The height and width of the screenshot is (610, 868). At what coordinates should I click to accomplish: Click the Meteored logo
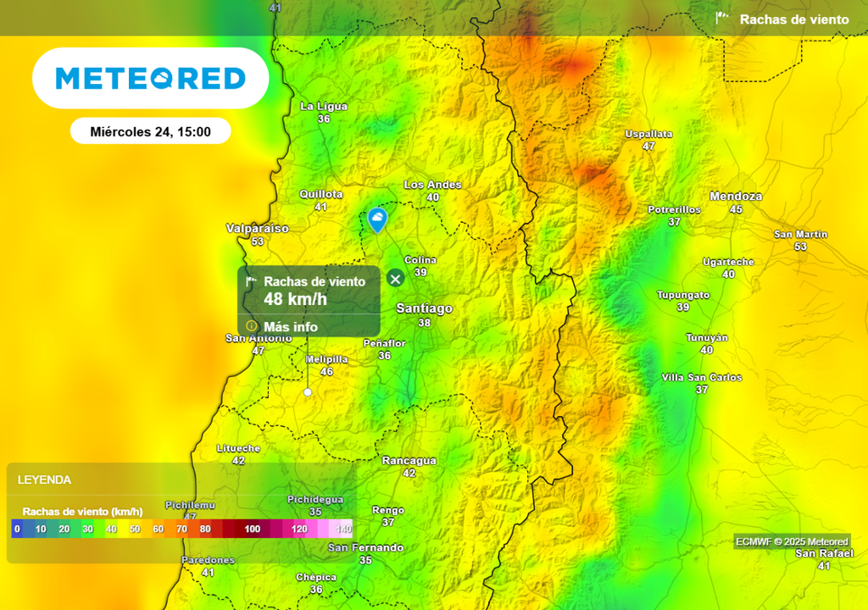[x=151, y=79]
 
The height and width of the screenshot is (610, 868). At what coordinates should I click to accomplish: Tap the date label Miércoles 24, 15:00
[x=150, y=131]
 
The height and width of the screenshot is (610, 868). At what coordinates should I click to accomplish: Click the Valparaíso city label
[x=257, y=229]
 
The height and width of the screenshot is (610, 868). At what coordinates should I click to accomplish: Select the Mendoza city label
[x=736, y=197]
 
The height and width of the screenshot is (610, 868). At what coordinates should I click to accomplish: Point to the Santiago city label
[x=425, y=309]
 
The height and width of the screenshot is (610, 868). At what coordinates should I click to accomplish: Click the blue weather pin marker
[x=377, y=220]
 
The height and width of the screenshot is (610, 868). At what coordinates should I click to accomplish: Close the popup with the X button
[x=395, y=278]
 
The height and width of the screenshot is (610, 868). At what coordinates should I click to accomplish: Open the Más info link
[x=291, y=327]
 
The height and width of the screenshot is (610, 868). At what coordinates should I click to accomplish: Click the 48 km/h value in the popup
[x=295, y=299]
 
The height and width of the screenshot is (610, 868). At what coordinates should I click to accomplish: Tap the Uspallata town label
[x=648, y=134]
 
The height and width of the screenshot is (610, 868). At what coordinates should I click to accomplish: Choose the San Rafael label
[x=818, y=553]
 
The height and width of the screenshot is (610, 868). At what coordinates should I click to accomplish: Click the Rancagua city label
[x=409, y=461]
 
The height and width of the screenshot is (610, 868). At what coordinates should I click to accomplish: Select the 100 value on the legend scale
[x=253, y=530]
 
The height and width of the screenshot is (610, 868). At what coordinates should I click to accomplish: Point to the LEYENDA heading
[x=44, y=480]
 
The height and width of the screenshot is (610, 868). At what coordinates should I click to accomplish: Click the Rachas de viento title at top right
[x=793, y=19]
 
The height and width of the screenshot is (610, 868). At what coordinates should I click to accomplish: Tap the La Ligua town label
[x=324, y=107]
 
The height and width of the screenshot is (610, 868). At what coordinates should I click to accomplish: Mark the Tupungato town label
[x=683, y=295]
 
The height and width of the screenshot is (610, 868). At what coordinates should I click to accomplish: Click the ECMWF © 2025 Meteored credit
[x=792, y=542]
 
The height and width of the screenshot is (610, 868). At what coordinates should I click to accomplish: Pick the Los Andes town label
[x=432, y=185]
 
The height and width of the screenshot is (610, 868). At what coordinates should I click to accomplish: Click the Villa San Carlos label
[x=701, y=378]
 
